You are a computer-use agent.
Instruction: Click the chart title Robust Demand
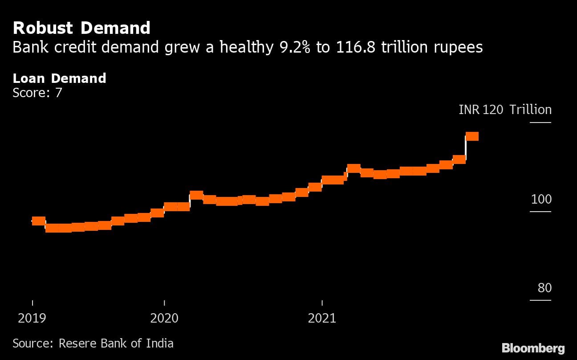(x=81, y=28)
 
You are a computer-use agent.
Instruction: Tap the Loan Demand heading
(x=59, y=78)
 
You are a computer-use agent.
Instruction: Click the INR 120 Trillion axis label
(x=505, y=110)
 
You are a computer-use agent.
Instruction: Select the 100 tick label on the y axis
(x=541, y=199)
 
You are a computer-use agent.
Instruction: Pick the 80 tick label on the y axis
(x=544, y=288)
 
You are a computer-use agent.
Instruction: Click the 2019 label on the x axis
(x=32, y=318)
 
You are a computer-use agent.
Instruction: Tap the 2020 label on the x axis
(x=164, y=318)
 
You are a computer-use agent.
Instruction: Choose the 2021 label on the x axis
(x=322, y=318)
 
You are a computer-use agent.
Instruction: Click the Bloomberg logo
(x=533, y=348)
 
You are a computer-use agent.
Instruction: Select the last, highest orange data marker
(x=472, y=136)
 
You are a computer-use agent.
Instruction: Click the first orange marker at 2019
(x=38, y=221)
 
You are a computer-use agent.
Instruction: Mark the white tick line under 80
(x=540, y=300)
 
